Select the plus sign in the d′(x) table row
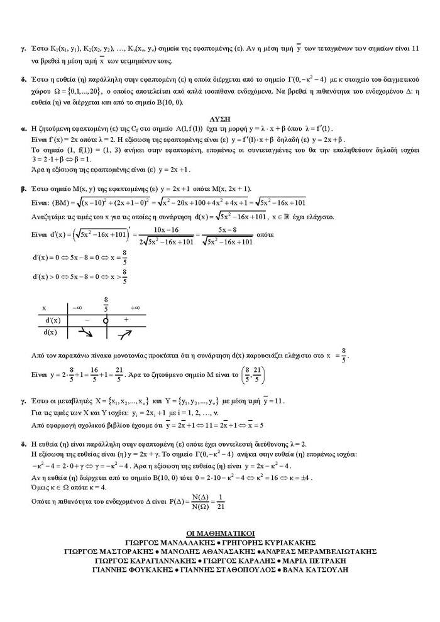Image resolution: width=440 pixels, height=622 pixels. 126,320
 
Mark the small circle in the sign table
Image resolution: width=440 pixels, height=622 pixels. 106,320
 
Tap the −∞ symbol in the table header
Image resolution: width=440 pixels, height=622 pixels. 77,308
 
